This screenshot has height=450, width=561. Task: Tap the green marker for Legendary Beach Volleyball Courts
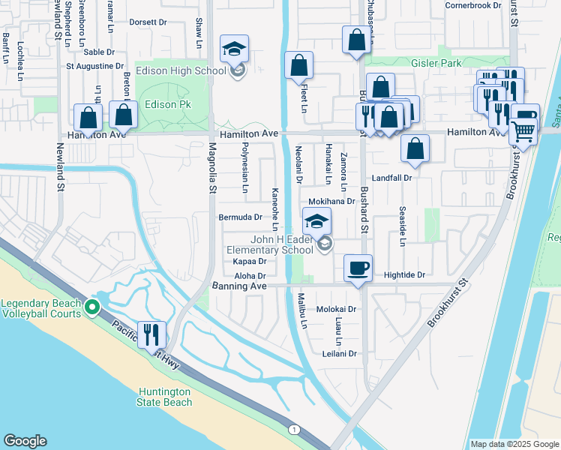[92, 306]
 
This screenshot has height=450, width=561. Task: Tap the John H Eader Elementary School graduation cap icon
[316, 221]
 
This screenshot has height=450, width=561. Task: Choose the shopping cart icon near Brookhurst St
[523, 131]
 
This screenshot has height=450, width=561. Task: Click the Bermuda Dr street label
[240, 217]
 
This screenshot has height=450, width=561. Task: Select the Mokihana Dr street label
[331, 202]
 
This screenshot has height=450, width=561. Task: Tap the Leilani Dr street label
[338, 353]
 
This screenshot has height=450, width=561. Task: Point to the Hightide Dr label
[404, 275]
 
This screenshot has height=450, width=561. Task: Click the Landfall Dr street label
[392, 178]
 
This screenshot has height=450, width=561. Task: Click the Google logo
[25, 441]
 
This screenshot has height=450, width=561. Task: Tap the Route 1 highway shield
[294, 428]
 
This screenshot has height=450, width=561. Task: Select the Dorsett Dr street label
[148, 22]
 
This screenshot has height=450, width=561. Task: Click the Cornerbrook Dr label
[472, 5]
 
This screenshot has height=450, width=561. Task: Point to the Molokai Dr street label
[335, 309]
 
